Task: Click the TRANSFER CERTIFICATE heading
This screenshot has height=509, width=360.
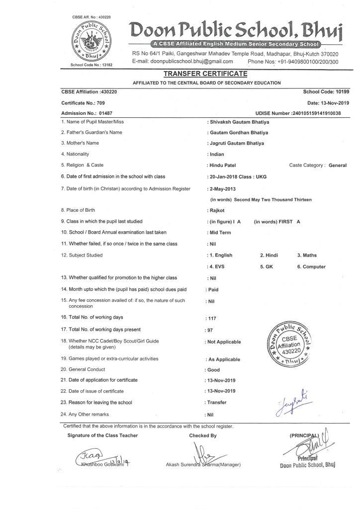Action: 205,74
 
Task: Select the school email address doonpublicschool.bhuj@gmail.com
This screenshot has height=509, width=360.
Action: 182,62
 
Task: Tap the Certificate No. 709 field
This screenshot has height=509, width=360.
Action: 83,103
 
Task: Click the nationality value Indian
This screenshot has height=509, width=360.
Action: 218,154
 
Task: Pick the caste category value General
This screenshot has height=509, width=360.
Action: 338,166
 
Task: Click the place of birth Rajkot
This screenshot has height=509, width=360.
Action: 217,211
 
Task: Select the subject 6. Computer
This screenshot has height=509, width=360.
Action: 312,267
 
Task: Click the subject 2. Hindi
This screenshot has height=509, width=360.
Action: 269,255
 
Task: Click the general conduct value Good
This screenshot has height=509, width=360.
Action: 213,370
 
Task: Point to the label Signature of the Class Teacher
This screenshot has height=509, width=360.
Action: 103,435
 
